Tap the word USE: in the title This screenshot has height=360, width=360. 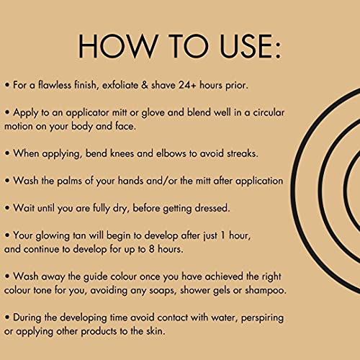point(251,46)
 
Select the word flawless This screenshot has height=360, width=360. point(55,85)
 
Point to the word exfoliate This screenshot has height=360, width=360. point(120,85)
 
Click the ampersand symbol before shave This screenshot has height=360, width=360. point(145,85)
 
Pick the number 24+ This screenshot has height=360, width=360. point(187,85)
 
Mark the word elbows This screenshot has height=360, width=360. point(171,153)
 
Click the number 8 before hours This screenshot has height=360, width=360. point(151,249)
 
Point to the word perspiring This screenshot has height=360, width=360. point(262,318)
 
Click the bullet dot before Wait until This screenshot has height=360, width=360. point(7,208)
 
